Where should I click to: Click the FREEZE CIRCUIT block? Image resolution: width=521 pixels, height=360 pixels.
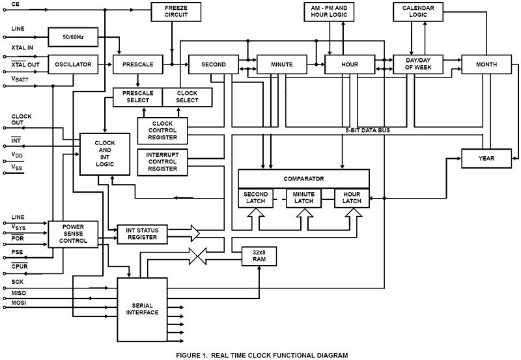pos(172,10)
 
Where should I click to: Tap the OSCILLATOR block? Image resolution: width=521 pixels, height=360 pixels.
pos(72,64)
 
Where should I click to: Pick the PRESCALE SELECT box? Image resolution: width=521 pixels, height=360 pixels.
pos(137,96)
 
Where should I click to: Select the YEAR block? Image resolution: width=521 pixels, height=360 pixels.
pos(486,158)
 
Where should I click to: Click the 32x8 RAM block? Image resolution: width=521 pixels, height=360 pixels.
pos(259,256)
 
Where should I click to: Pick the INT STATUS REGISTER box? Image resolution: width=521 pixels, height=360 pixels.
pos(142,234)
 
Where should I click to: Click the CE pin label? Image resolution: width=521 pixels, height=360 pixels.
pos(16,4)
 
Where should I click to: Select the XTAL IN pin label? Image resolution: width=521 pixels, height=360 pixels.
pos(23,48)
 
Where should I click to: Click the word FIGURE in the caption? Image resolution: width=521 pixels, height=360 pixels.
pos(191,355)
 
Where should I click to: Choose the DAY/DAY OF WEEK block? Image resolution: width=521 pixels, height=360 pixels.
pos(418,64)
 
